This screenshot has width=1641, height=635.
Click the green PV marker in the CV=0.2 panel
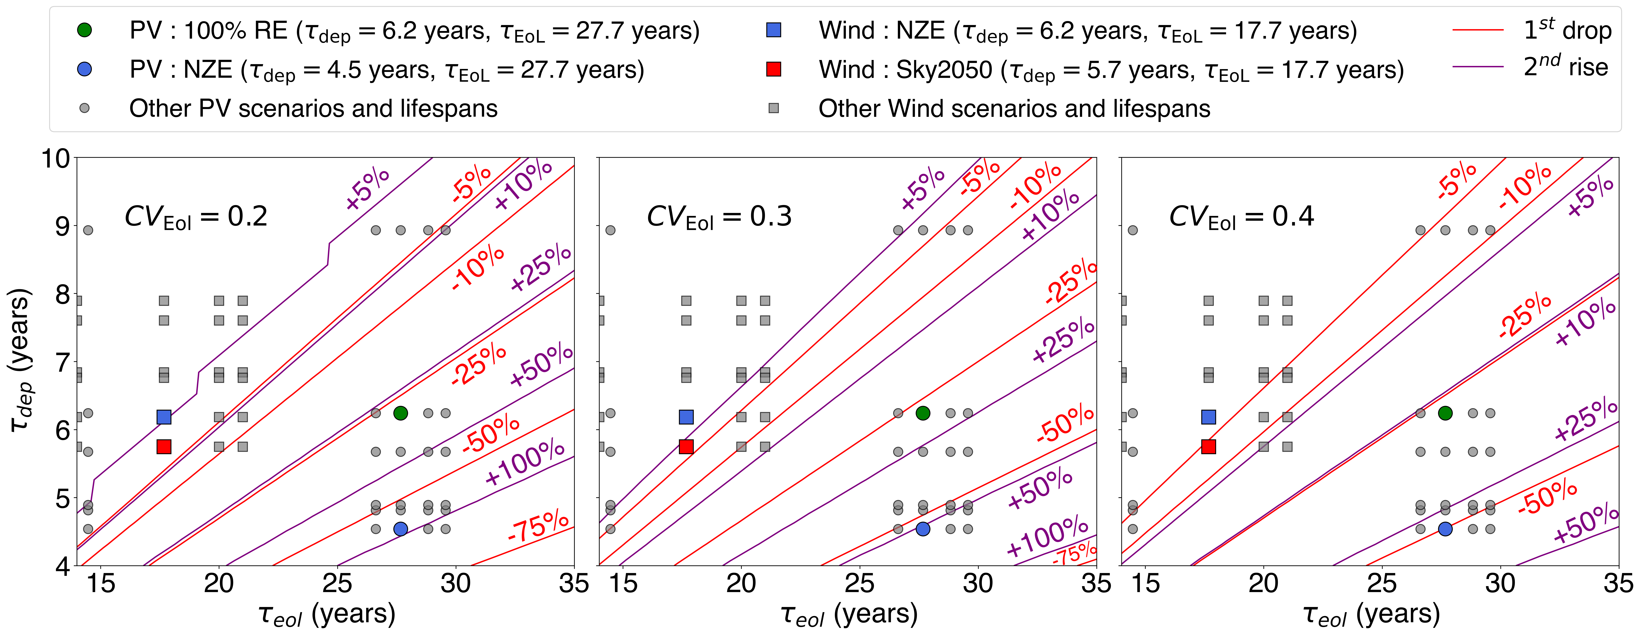click(400, 413)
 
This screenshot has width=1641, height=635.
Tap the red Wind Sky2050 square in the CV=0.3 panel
click(686, 446)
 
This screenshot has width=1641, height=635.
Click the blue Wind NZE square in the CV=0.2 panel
click(164, 417)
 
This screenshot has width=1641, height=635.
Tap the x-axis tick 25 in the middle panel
click(859, 583)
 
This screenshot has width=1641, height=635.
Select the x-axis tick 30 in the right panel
click(1500, 583)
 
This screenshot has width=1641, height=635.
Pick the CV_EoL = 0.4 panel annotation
click(1241, 217)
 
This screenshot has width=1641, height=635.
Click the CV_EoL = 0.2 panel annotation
click(196, 217)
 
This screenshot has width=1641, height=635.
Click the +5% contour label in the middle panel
click(922, 188)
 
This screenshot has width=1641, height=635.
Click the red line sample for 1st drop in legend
click(1478, 30)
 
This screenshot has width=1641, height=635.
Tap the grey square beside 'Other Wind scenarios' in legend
click(773, 108)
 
